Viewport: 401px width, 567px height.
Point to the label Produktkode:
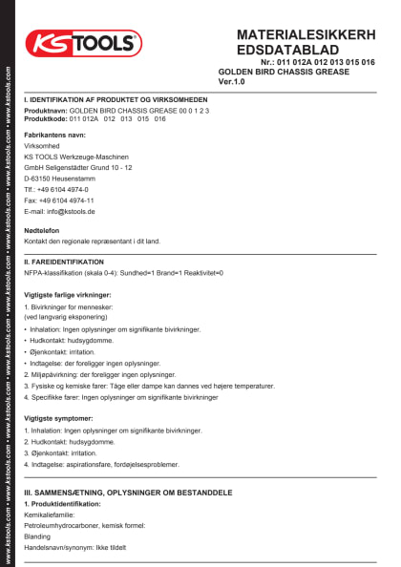45,118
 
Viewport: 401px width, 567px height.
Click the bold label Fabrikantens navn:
61,136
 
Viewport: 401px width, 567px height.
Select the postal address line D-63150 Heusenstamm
64,178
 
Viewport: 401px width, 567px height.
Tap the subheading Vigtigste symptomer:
65,419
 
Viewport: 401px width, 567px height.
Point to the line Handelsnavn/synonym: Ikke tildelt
74,548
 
